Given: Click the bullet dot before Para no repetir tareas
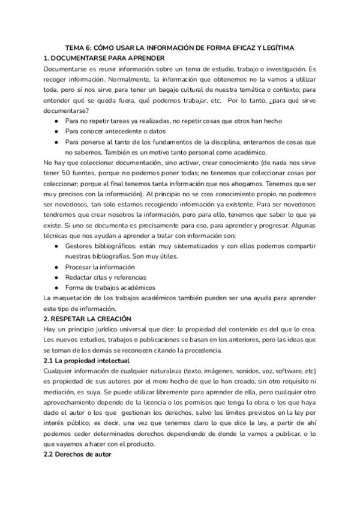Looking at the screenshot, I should tap(56, 121).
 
